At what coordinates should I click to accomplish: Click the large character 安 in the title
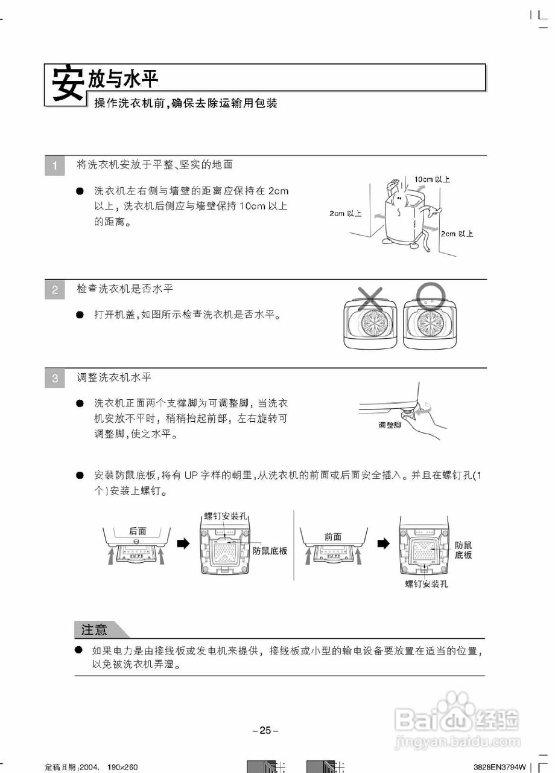pos(66,84)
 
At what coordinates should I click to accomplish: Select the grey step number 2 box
pos(55,290)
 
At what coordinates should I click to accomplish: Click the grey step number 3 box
pos(55,379)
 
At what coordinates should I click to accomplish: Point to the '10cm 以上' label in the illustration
pos(432,179)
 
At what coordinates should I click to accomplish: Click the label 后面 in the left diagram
pos(138,531)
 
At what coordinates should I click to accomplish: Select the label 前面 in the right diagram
pos(332,536)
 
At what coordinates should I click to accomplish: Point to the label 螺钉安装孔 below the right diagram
pos(427,584)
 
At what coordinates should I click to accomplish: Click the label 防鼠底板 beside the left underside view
pos(270,551)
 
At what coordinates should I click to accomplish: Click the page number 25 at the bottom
pos(265,730)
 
